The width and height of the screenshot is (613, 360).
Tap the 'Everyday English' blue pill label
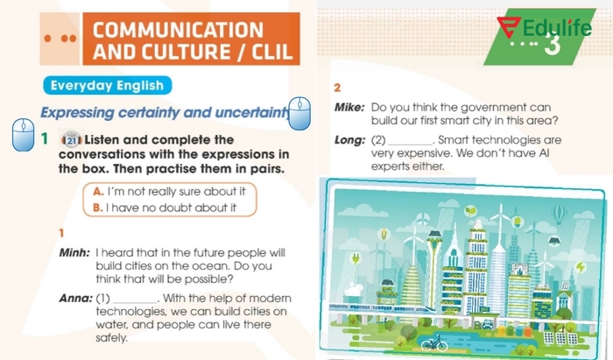105,86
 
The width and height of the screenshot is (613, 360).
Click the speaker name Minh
74,251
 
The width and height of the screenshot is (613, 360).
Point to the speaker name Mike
349,107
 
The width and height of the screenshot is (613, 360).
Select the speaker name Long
349,139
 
